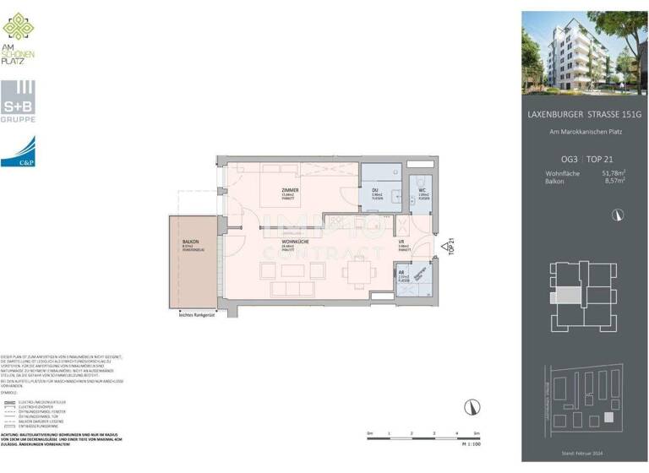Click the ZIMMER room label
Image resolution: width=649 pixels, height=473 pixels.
coord(291,192)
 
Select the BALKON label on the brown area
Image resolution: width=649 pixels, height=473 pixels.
coord(189,244)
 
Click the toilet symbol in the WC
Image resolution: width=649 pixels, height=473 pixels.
coord(420,178)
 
